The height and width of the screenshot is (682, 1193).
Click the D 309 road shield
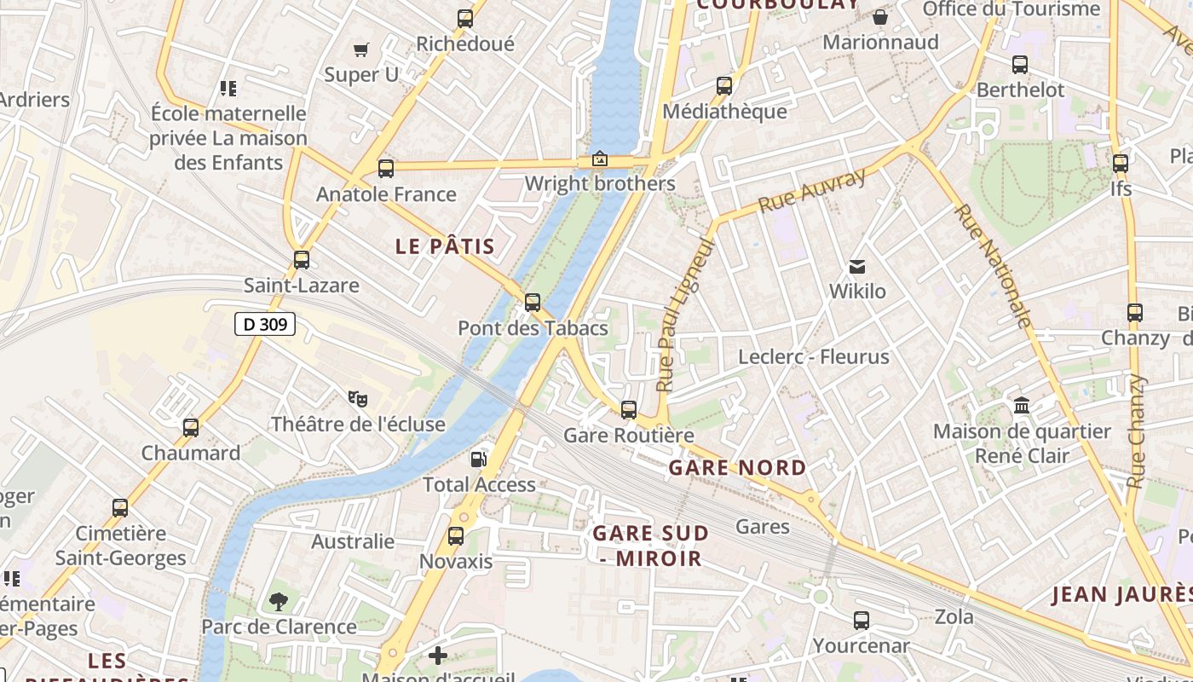tap(264, 324)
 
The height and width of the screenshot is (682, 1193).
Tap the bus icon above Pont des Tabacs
tap(533, 303)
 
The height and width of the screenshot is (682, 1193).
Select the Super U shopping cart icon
tap(360, 49)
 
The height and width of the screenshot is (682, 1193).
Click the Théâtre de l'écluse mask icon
tap(358, 398)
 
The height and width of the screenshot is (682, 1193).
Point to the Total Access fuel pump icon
tap(479, 459)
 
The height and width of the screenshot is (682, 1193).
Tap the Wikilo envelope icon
tap(857, 267)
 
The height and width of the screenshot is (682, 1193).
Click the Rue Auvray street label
tap(811, 190)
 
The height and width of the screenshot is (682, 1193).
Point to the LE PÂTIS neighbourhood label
tap(445, 247)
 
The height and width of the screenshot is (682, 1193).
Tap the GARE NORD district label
tap(737, 467)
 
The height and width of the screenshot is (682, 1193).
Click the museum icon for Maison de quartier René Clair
tap(1022, 406)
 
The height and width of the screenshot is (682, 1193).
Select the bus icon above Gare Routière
tap(629, 410)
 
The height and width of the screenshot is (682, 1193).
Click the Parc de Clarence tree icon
tap(279, 602)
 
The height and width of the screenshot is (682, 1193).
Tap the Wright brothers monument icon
tap(599, 159)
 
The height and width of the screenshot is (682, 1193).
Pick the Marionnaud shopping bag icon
tap(880, 17)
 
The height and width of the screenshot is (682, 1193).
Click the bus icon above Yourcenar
tap(862, 621)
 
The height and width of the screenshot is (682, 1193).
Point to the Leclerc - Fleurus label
tap(814, 357)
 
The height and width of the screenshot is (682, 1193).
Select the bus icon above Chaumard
tap(191, 428)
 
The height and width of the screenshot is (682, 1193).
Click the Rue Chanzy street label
tap(1136, 431)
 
